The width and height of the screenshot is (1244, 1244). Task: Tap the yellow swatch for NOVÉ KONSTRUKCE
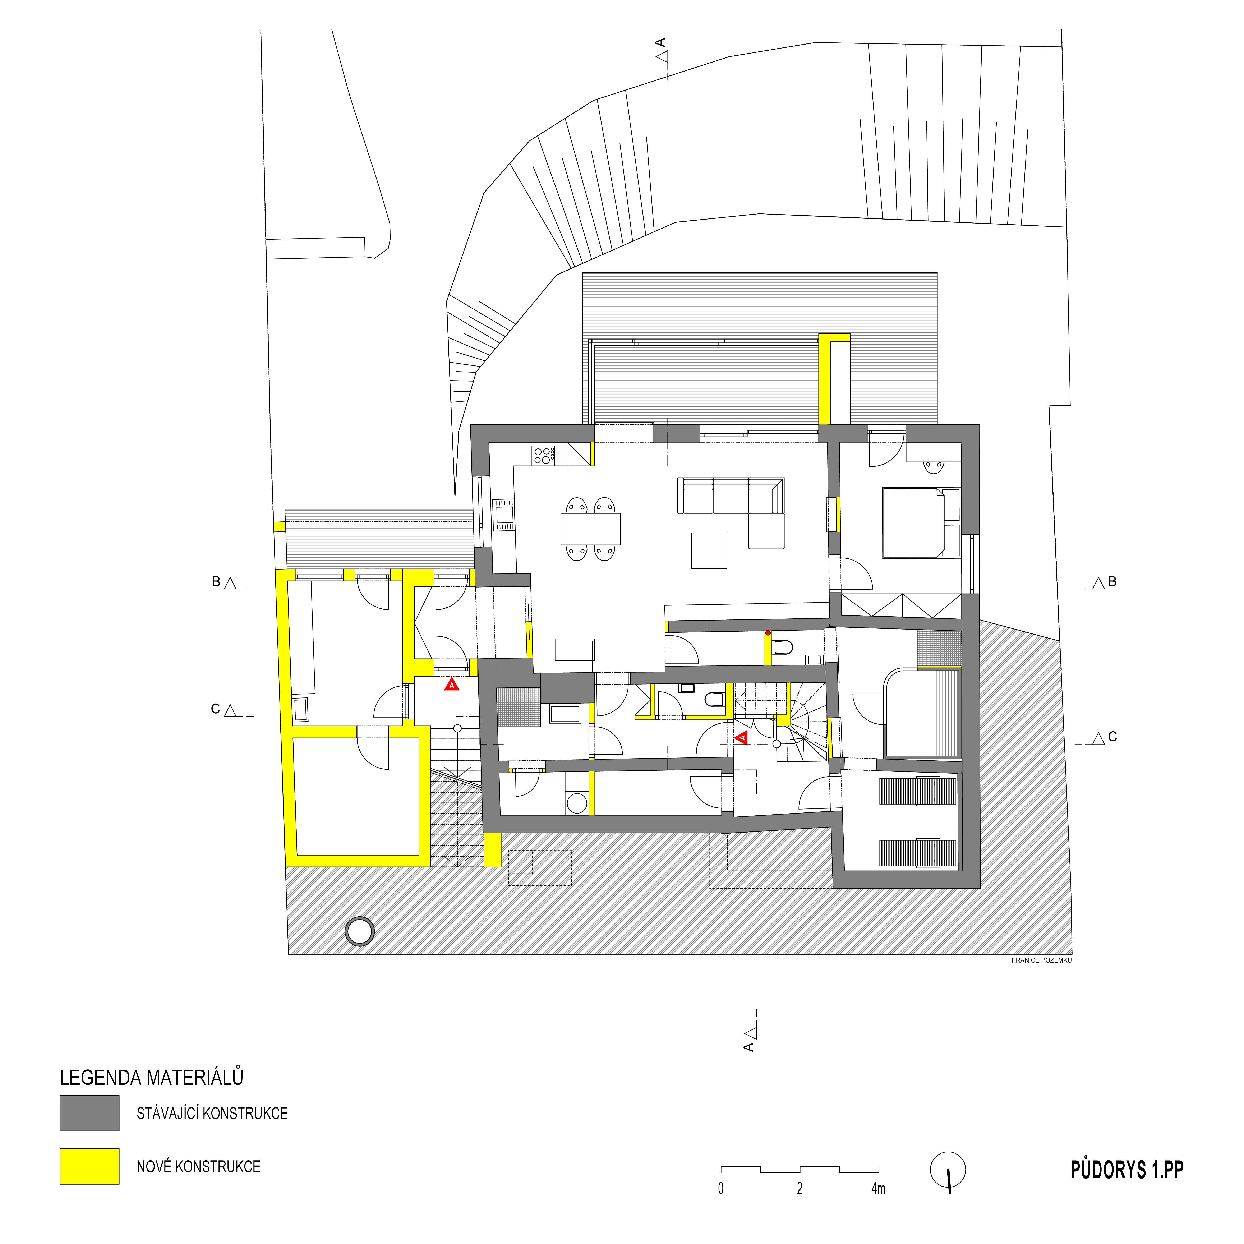(x=89, y=1166)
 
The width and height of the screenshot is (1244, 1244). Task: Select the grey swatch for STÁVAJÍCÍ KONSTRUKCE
(x=89, y=1113)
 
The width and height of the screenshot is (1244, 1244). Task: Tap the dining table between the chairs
(x=590, y=529)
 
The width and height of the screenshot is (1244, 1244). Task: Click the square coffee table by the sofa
(x=709, y=550)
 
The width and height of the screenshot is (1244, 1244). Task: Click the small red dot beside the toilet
(x=768, y=633)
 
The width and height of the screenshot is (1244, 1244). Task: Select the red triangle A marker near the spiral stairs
(x=742, y=737)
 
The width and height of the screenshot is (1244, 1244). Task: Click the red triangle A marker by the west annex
(x=452, y=685)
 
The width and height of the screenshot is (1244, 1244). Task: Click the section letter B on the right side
(x=1112, y=581)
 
